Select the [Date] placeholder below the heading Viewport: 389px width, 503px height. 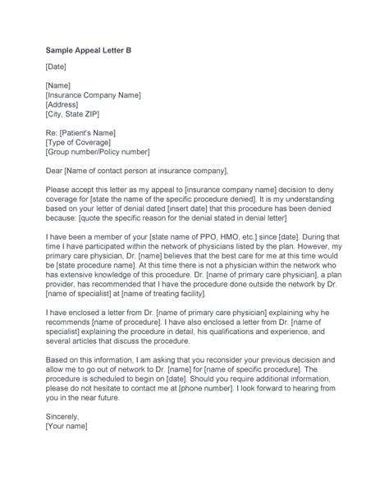click(57, 66)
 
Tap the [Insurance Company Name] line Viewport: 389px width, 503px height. click(94, 95)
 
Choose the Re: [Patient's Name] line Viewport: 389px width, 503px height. click(81, 132)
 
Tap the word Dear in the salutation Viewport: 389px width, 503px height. click(54, 171)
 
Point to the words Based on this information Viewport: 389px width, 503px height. click(93, 354)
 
